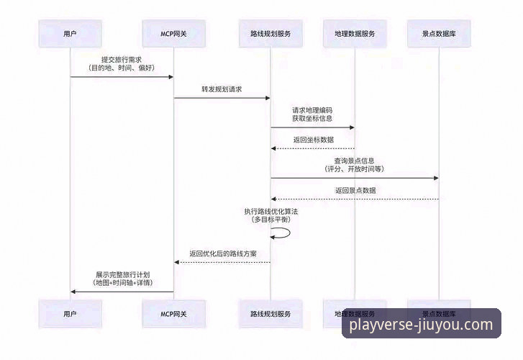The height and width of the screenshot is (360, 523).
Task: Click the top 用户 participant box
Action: click(70, 33)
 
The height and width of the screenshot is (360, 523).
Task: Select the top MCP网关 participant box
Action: click(173, 33)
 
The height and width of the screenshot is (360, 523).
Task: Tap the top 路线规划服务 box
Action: click(270, 33)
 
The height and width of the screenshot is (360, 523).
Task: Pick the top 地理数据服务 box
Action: click(355, 33)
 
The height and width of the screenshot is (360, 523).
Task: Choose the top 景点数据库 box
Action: click(438, 33)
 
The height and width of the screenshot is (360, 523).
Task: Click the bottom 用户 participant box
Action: click(70, 314)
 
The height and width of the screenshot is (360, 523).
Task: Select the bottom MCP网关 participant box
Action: click(173, 314)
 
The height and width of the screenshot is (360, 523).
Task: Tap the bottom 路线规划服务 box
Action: click(270, 314)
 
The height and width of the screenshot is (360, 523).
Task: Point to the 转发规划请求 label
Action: click(222, 89)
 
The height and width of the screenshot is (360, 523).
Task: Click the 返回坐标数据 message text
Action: click(313, 140)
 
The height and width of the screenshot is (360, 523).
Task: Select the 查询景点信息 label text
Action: click(354, 160)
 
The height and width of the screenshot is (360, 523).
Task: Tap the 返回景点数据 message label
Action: click(355, 190)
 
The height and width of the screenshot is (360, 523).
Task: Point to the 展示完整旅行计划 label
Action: click(122, 274)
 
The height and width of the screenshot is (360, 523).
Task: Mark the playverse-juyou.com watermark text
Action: click(422, 325)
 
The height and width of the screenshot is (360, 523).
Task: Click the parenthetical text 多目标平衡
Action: click(270, 219)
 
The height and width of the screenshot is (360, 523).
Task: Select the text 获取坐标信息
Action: click(312, 119)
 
